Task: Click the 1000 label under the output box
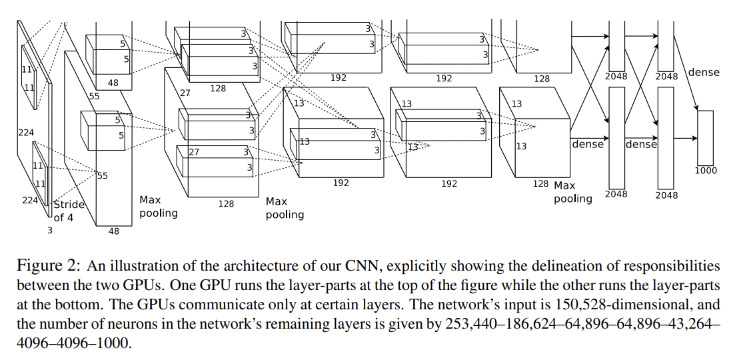click(706, 171)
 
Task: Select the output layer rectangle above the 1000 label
click(705, 137)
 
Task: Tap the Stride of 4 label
click(69, 211)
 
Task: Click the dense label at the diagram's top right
click(704, 72)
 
